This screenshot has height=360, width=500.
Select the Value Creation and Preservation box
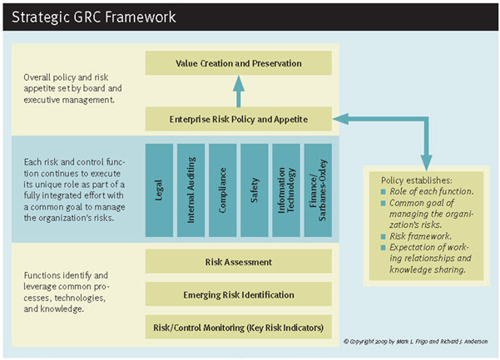point(239,63)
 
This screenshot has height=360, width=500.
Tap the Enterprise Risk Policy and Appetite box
point(239,119)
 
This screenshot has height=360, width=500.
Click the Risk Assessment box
point(239,262)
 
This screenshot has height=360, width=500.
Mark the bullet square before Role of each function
point(384,192)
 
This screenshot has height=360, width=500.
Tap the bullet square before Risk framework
point(384,235)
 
